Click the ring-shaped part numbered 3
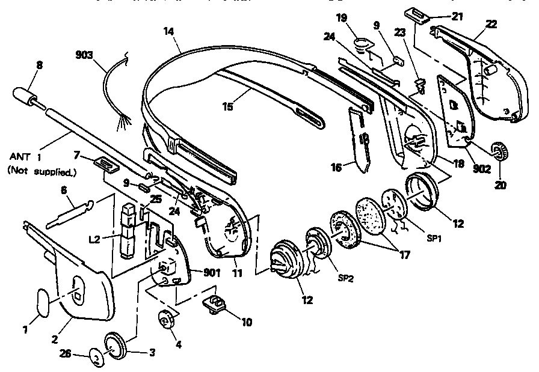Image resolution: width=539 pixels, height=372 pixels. (x=115, y=344)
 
